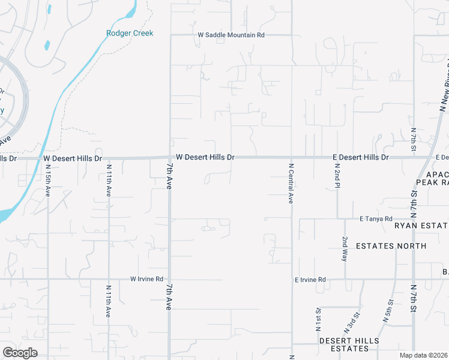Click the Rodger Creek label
click(130, 33)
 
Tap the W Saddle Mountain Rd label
click(231, 35)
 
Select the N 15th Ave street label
click(48, 180)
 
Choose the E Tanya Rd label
click(376, 219)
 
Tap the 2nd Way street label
click(345, 248)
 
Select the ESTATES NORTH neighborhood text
click(391, 246)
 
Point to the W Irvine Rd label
click(147, 279)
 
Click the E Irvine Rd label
click(310, 280)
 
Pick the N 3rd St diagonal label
click(352, 323)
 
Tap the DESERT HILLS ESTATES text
click(349, 344)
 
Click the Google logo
click(20, 353)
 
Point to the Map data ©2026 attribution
click(423, 355)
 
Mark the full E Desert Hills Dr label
click(361, 157)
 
